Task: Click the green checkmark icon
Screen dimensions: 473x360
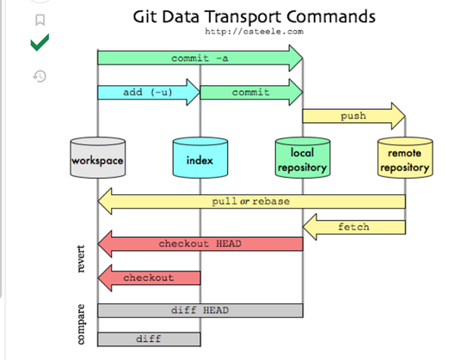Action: pyautogui.click(x=40, y=42)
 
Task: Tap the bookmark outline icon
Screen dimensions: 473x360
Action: pyautogui.click(x=40, y=20)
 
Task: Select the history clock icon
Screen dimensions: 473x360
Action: pyautogui.click(x=40, y=76)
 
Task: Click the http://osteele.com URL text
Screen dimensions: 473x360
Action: pyautogui.click(x=254, y=31)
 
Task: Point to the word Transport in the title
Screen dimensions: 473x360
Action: pyautogui.click(x=243, y=17)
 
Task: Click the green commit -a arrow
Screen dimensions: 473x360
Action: pyautogui.click(x=200, y=58)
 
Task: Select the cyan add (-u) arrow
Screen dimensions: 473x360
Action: pyautogui.click(x=149, y=92)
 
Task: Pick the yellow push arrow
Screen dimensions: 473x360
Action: pyautogui.click(x=353, y=116)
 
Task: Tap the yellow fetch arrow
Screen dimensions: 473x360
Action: pyautogui.click(x=354, y=227)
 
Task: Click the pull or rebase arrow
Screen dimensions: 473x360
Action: pyautogui.click(x=252, y=201)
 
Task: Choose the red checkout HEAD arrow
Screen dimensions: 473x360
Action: pyautogui.click(x=200, y=244)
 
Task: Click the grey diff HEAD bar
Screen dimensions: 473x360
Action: pyautogui.click(x=200, y=310)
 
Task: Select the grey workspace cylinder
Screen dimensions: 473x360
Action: pyautogui.click(x=98, y=157)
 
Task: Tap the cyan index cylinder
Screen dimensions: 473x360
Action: pyautogui.click(x=200, y=157)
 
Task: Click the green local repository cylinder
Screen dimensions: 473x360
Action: pyautogui.click(x=303, y=157)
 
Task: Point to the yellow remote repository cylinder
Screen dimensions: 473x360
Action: pyautogui.click(x=405, y=157)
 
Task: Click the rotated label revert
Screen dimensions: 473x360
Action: pyautogui.click(x=81, y=259)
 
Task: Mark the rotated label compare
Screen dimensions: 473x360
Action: pyautogui.click(x=81, y=324)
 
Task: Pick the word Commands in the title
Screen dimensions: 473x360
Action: pyautogui.click(x=331, y=16)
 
